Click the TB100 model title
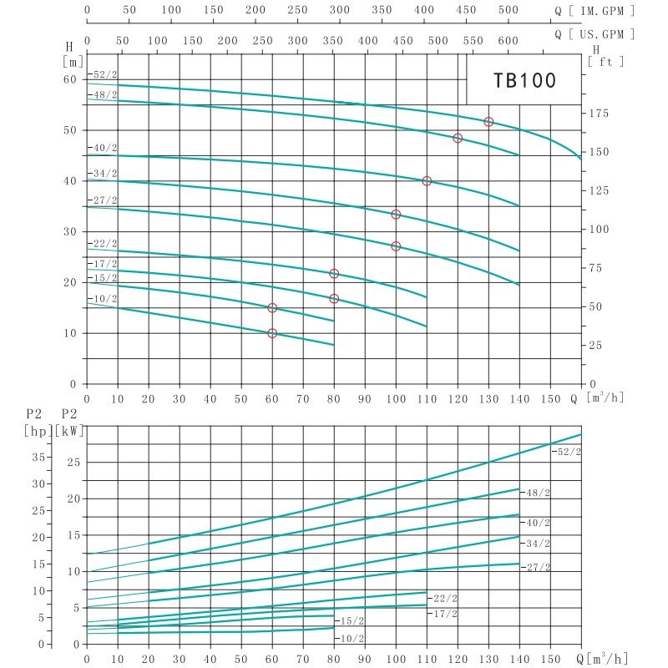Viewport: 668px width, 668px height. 524,80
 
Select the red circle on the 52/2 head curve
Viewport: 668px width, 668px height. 488,122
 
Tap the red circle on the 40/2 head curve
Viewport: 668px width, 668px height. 427,181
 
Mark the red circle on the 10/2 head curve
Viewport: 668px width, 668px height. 272,333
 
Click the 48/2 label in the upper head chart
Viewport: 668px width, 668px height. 105,95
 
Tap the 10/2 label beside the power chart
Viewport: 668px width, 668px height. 352,638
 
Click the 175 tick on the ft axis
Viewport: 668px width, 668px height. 600,114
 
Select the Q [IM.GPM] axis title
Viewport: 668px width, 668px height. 595,12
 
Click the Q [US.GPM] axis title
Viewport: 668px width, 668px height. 595,34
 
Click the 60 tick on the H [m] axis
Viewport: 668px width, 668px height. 70,79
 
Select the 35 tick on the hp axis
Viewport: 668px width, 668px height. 37,457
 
